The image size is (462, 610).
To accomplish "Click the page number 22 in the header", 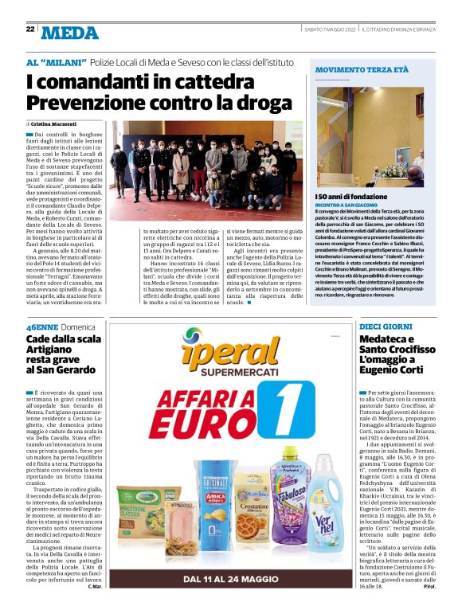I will click(x=30, y=29).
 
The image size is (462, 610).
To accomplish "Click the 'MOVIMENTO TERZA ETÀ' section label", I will click(x=362, y=71).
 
